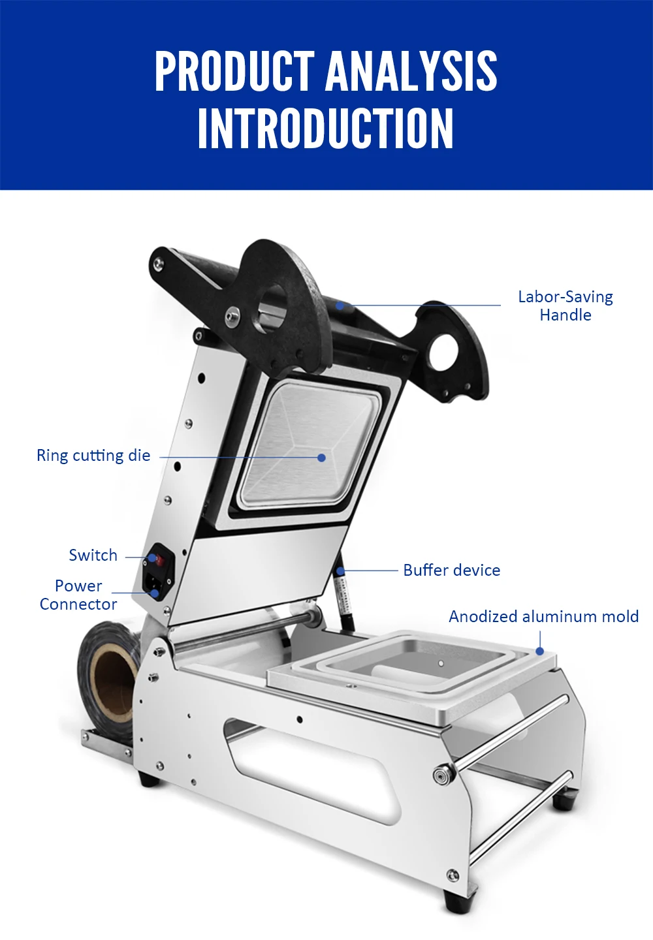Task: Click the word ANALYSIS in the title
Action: pyautogui.click(x=411, y=71)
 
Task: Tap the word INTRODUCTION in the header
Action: pyautogui.click(x=326, y=129)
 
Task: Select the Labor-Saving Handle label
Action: pyautogui.click(x=565, y=305)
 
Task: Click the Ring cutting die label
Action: pyautogui.click(x=93, y=456)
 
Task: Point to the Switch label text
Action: pyautogui.click(x=93, y=556)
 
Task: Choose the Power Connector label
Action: pyautogui.click(x=78, y=595)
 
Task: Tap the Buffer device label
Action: pyautogui.click(x=451, y=571)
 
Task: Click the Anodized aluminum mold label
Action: pyautogui.click(x=543, y=617)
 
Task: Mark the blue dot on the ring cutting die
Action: pyautogui.click(x=321, y=458)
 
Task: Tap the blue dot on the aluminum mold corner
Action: pyautogui.click(x=540, y=651)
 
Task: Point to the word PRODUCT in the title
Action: pyautogui.click(x=234, y=71)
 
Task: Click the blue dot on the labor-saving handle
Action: pyautogui.click(x=340, y=305)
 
